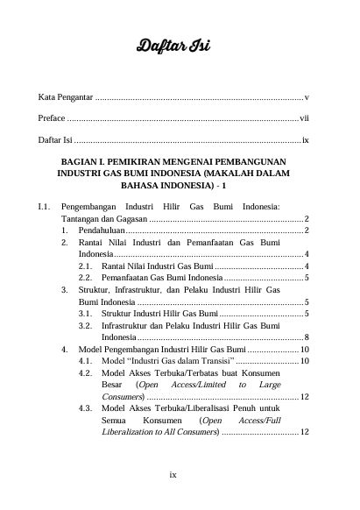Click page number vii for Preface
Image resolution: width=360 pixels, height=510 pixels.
(x=304, y=117)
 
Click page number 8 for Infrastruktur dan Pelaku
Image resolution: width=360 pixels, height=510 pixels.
(x=306, y=336)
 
